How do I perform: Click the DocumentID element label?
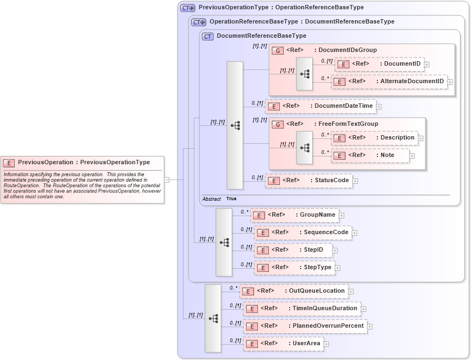click(402, 64)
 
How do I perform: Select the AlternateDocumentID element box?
click(389, 82)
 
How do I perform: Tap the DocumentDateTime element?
click(320, 106)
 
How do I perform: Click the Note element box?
click(370, 155)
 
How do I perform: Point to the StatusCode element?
click(308, 181)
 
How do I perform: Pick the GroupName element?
click(294, 215)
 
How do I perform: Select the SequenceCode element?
click(303, 233)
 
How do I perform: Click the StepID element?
click(293, 250)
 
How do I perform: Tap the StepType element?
click(295, 268)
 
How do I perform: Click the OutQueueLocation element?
click(294, 291)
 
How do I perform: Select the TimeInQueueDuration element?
click(302, 309)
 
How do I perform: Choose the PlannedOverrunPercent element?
click(305, 326)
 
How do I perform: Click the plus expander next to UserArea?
click(326, 344)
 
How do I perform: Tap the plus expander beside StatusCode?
click(355, 181)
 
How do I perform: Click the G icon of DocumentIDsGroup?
click(278, 50)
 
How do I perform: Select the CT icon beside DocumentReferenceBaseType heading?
click(208, 36)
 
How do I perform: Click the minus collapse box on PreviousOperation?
click(166, 179)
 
